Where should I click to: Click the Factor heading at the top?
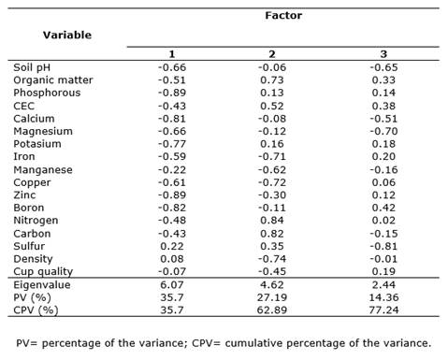pyautogui.click(x=283, y=16)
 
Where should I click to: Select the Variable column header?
pyautogui.click(x=67, y=35)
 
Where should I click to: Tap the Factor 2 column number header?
pyautogui.click(x=272, y=54)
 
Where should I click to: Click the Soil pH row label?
pyautogui.click(x=32, y=67)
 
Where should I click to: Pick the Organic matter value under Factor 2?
pyautogui.click(x=272, y=80)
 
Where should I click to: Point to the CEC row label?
pyautogui.click(x=23, y=106)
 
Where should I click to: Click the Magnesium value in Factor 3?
pyautogui.click(x=383, y=131)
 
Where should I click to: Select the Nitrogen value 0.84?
pyautogui.click(x=272, y=221)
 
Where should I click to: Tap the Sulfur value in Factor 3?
pyautogui.click(x=383, y=246)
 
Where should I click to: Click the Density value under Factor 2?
pyautogui.click(x=272, y=259)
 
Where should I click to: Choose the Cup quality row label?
pyautogui.click(x=43, y=272)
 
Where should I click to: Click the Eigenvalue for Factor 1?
pyautogui.click(x=172, y=285)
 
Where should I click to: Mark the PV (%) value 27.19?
pyautogui.click(x=272, y=297)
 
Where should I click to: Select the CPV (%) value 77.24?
pyautogui.click(x=383, y=310)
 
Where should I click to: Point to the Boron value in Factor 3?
pyautogui.click(x=383, y=208)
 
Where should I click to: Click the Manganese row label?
pyautogui.click(x=43, y=170)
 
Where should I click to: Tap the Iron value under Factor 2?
pyautogui.click(x=272, y=156)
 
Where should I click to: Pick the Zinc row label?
pyautogui.click(x=24, y=195)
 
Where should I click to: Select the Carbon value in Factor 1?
pyautogui.click(x=172, y=234)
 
